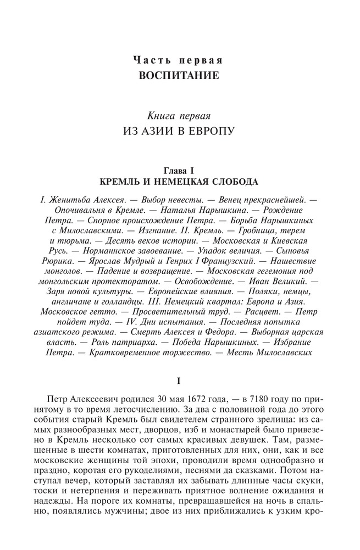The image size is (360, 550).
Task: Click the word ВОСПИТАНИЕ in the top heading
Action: [x=179, y=74]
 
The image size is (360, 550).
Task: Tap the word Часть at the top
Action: [x=150, y=59]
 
